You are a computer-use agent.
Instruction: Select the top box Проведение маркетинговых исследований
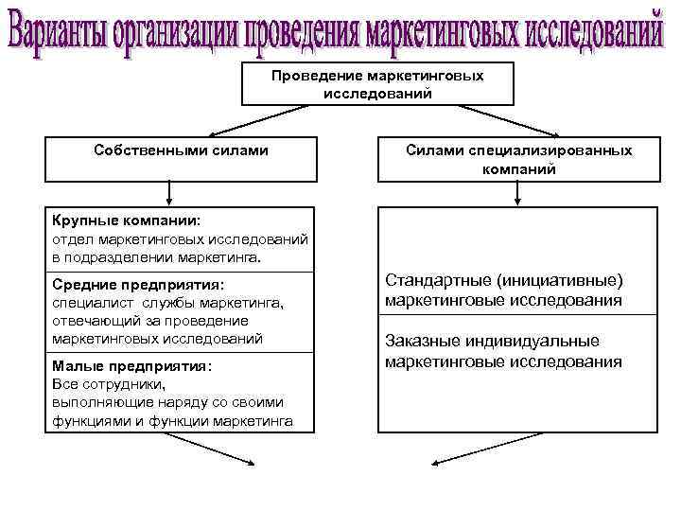(x=377, y=84)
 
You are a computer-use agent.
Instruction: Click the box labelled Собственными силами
(x=181, y=158)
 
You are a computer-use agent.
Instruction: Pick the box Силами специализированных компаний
(x=519, y=159)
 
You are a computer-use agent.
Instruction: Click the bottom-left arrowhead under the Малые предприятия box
(x=251, y=462)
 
